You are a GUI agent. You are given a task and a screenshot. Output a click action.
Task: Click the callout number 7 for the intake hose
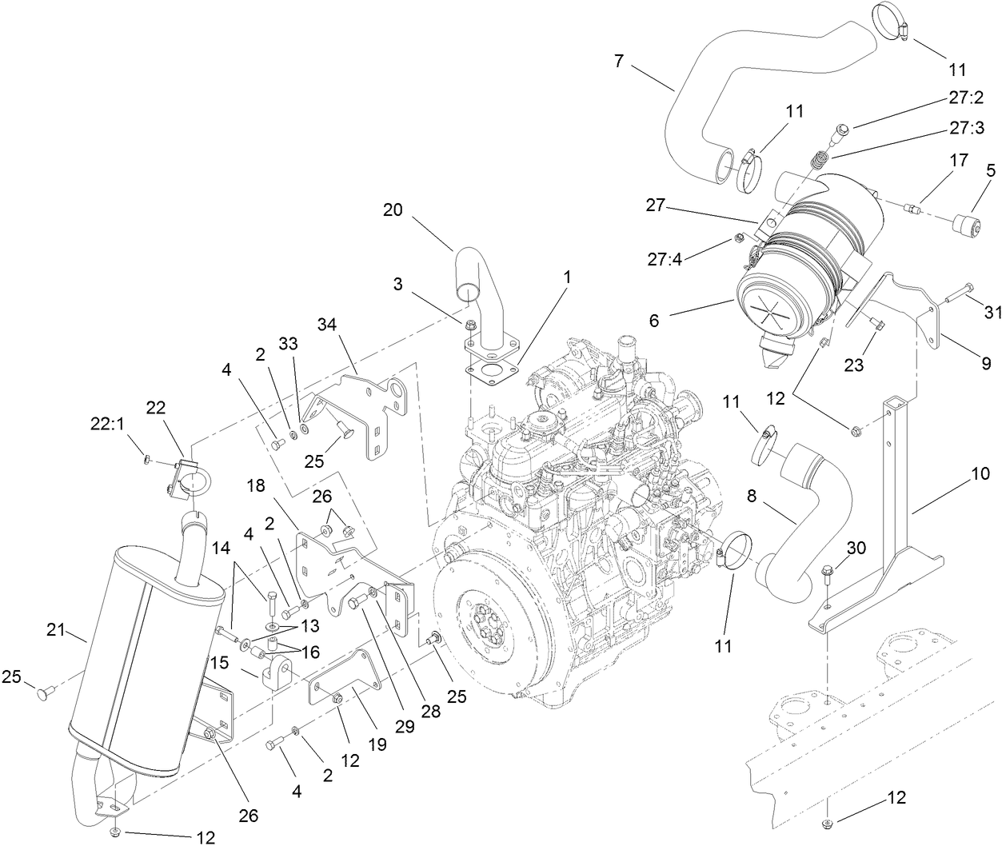click(x=618, y=59)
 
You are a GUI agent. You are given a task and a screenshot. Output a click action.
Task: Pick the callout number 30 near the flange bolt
click(x=856, y=549)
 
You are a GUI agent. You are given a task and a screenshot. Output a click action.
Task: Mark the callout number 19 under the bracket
click(x=377, y=744)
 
